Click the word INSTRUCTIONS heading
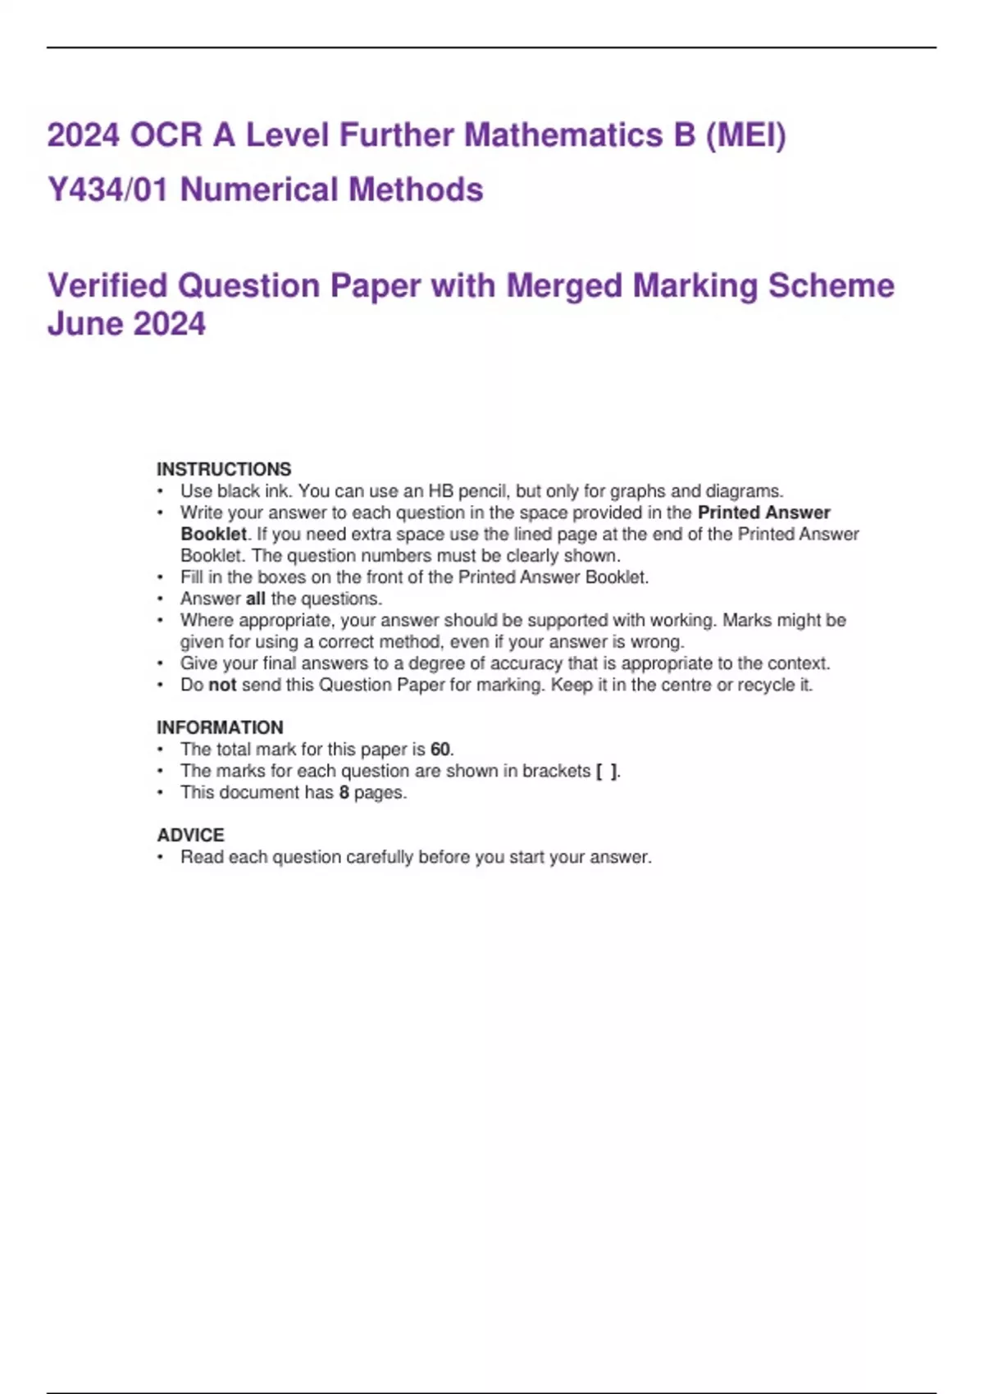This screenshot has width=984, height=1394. tap(224, 469)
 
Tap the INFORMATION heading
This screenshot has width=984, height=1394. tap(220, 727)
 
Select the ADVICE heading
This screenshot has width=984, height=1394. tap(190, 835)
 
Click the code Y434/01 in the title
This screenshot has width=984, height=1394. tap(107, 189)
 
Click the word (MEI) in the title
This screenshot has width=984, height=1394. tap(745, 135)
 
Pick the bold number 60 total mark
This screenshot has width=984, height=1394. tap(440, 749)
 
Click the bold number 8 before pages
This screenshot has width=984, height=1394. tap(344, 792)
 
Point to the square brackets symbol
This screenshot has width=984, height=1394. tap(607, 771)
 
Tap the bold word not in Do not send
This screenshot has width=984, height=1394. tap(222, 685)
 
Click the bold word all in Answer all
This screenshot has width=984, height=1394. tap(255, 599)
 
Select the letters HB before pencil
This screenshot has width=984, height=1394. tap(440, 491)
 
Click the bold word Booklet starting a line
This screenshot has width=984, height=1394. tap(213, 534)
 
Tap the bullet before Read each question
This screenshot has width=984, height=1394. tap(161, 857)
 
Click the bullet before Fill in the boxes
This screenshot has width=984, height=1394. tap(161, 577)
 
